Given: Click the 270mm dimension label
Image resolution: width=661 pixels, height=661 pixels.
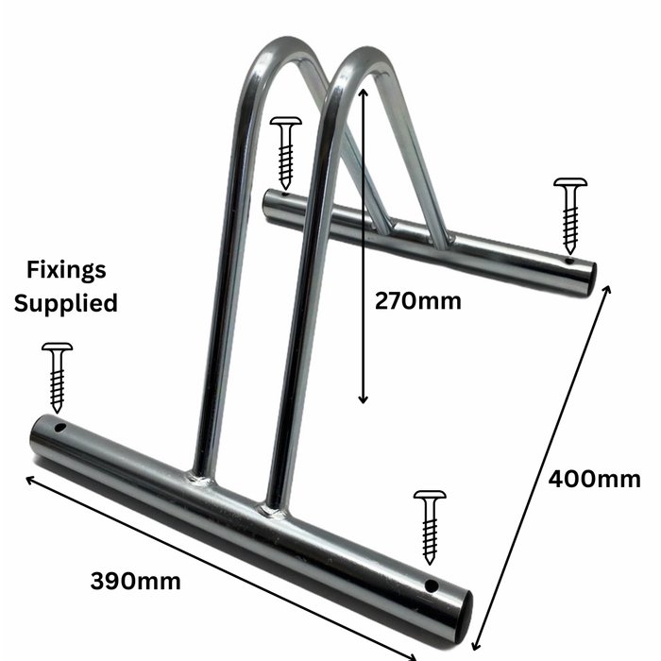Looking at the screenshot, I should tap(417, 301).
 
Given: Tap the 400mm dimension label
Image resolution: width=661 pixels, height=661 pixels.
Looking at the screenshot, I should tap(594, 479).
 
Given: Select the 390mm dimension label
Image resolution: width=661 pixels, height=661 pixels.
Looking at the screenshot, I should tap(136, 580).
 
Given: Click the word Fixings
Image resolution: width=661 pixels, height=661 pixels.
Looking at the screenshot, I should tap(66, 271).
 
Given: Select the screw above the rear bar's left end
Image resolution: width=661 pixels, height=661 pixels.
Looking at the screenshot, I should tap(285, 152).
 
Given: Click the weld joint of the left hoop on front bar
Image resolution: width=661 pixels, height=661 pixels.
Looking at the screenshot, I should tap(201, 479).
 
